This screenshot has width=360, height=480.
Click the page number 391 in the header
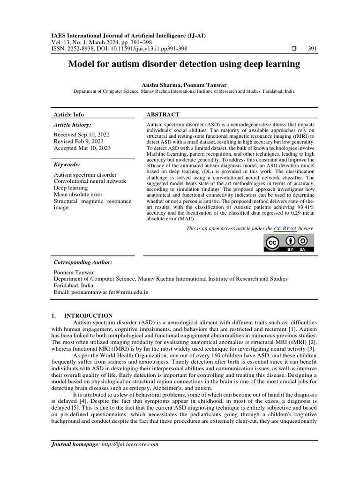click(x=312, y=49)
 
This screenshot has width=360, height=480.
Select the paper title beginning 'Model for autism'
click(x=184, y=64)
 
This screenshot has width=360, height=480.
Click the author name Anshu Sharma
click(x=158, y=85)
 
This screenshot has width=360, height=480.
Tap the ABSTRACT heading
click(x=163, y=114)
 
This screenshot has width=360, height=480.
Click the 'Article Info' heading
click(x=69, y=114)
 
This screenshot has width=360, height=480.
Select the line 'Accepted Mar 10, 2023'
click(x=82, y=148)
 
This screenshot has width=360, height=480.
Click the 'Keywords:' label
click(x=67, y=165)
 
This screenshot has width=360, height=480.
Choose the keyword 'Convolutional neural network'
click(x=90, y=181)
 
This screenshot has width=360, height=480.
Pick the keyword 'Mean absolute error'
click(x=78, y=194)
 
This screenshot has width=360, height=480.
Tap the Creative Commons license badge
click(x=288, y=243)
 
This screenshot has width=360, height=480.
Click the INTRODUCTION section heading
click(x=88, y=315)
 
